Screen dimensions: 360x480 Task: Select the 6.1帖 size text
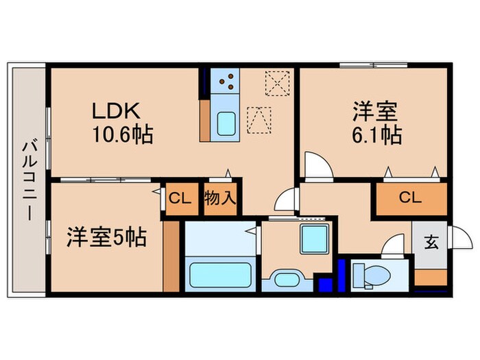pos(379,135)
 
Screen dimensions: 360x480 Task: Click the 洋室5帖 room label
pos(106,239)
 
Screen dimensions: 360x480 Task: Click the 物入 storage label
pos(220,200)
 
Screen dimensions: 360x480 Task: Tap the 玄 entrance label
pos(431,242)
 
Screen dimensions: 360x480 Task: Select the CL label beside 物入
pos(179,200)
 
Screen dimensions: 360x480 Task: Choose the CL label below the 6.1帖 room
pos(409,198)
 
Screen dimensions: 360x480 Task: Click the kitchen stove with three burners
pos(226,83)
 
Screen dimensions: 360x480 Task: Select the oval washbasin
pos(287,280)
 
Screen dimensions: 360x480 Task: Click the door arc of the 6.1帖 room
pos(317,166)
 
